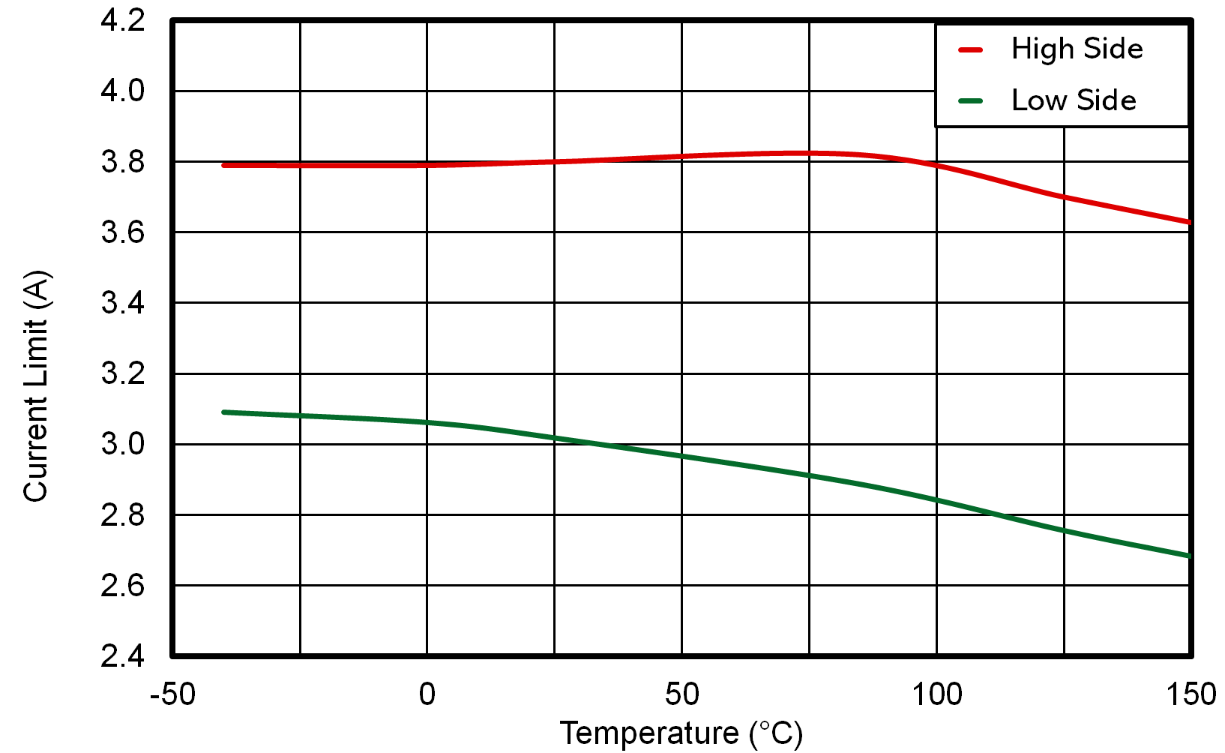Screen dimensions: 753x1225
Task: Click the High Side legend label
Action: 1077,49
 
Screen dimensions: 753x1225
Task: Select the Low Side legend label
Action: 1074,100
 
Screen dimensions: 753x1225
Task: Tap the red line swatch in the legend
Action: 970,50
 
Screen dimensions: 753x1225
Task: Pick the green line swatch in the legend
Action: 970,101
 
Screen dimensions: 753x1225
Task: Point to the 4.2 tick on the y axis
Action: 123,21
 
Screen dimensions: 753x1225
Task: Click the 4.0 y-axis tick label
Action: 123,91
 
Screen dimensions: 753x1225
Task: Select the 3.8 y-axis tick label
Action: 123,162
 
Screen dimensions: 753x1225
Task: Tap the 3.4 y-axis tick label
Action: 123,303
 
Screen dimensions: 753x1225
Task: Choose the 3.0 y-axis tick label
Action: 123,444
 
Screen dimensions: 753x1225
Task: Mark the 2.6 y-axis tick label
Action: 123,585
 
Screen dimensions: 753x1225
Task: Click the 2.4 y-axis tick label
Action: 123,656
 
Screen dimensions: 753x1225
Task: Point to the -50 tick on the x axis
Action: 172,694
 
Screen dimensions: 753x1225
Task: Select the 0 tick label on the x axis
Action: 427,694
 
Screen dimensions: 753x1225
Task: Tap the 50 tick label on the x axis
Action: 681,694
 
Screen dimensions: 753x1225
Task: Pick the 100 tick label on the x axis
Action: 936,694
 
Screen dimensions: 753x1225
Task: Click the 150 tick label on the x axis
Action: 1191,694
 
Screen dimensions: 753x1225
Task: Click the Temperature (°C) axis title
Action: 681,733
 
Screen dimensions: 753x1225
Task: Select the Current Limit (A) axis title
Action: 36,385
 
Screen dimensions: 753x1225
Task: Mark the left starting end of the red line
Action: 224,165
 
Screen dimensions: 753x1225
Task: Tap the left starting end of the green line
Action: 224,412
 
